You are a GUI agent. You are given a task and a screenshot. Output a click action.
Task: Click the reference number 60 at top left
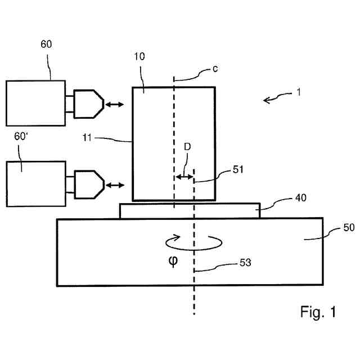coord(46,44)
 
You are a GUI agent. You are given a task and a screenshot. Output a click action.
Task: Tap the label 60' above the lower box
coord(21,136)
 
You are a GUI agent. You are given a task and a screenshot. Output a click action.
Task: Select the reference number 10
coord(139,56)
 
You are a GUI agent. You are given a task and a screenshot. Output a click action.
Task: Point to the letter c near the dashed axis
coord(215,69)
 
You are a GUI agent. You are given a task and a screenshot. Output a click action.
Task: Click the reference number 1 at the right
coord(299,92)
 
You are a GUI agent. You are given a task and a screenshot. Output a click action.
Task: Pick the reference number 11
coord(87,138)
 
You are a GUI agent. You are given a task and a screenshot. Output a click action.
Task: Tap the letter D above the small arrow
coord(187,147)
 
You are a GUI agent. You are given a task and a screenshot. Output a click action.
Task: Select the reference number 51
coord(238,169)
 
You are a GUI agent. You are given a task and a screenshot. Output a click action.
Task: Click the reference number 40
coord(300,197)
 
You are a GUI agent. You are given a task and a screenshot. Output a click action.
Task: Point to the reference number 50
coord(349,227)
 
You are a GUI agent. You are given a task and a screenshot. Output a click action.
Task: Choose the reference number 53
coord(245,263)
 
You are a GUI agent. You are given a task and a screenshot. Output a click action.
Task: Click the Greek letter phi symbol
coord(173,261)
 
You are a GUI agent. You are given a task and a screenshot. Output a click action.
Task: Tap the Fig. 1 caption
coord(318,312)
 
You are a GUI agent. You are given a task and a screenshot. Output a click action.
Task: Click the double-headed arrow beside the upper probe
coord(114,105)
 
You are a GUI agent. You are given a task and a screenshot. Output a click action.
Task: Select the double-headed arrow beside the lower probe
coord(115,185)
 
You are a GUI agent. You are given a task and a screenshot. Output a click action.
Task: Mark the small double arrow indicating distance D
coord(184,177)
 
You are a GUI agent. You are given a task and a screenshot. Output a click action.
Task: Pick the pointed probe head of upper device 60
coord(89,104)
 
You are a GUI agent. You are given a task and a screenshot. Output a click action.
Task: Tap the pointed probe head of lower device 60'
coord(89,184)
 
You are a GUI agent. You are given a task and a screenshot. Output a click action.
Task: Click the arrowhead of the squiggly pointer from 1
coord(266,100)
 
